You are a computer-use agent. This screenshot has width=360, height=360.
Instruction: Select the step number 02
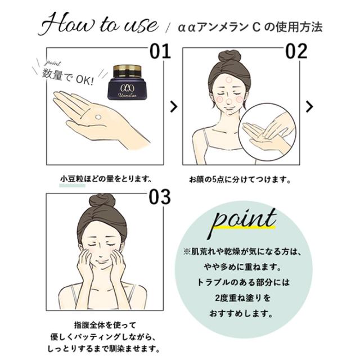click(x=295, y=52)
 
